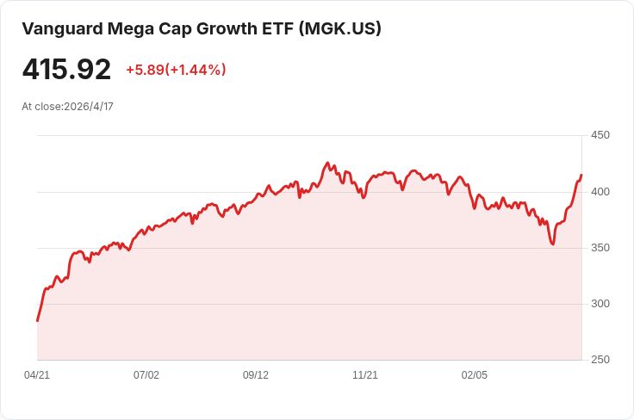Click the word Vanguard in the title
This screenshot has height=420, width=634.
(x=62, y=29)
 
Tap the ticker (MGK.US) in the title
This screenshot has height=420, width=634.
(x=340, y=28)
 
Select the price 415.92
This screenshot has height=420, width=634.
(x=66, y=69)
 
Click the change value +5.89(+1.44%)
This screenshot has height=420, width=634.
(x=176, y=70)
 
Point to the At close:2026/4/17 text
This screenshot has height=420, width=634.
(x=67, y=107)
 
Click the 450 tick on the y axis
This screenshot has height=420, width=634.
(x=600, y=135)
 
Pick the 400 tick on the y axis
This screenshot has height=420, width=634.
(x=600, y=191)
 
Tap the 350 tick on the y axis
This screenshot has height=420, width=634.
(x=600, y=248)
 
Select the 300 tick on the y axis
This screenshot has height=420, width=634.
(x=600, y=303)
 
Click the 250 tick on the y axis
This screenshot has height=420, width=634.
(x=600, y=360)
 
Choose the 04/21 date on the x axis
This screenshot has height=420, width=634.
(x=37, y=375)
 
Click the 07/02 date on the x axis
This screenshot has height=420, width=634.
(x=146, y=375)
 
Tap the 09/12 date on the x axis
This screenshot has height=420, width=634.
(x=256, y=375)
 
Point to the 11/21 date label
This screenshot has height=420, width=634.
(x=365, y=375)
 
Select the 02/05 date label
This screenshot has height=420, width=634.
(x=475, y=375)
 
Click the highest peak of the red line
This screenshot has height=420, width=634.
(x=327, y=164)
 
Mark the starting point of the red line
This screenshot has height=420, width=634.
(x=38, y=321)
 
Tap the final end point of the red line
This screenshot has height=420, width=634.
(x=581, y=176)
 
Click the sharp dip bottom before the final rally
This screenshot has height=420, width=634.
(x=553, y=244)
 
